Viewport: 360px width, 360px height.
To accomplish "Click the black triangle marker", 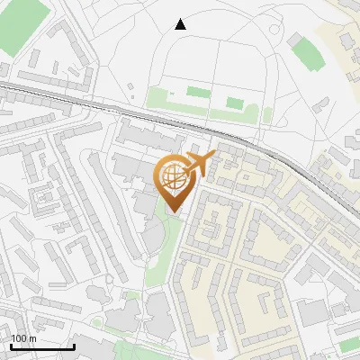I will point(181,24).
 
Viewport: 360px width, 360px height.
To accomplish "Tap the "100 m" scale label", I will point(23,338).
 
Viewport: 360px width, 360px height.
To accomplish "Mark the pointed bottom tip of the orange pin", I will point(173,211).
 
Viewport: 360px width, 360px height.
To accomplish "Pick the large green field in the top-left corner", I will point(18,25).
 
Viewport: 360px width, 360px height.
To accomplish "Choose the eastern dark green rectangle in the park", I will point(234,103).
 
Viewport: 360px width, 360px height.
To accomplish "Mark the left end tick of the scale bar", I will point(10,346).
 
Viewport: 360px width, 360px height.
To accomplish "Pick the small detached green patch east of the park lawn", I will point(267,114).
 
